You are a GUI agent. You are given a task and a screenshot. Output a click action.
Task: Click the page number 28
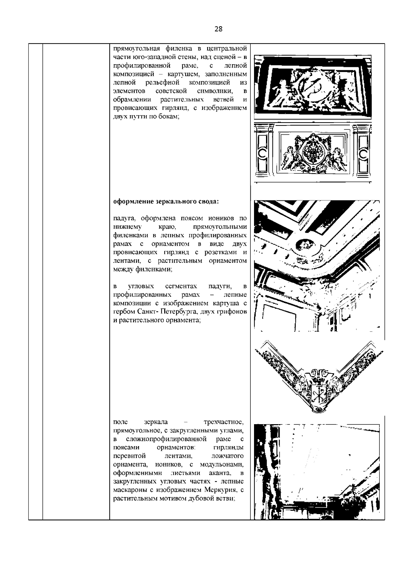[218, 29]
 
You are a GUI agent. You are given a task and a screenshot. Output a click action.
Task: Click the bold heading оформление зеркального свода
[166, 202]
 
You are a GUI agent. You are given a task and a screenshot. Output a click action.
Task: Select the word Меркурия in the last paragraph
[220, 490]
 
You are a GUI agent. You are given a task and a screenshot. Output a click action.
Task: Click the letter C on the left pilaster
[262, 153]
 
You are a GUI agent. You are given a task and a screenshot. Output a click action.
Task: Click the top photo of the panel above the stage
[313, 87]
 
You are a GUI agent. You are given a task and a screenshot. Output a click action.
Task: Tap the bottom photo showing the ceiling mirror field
[317, 472]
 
